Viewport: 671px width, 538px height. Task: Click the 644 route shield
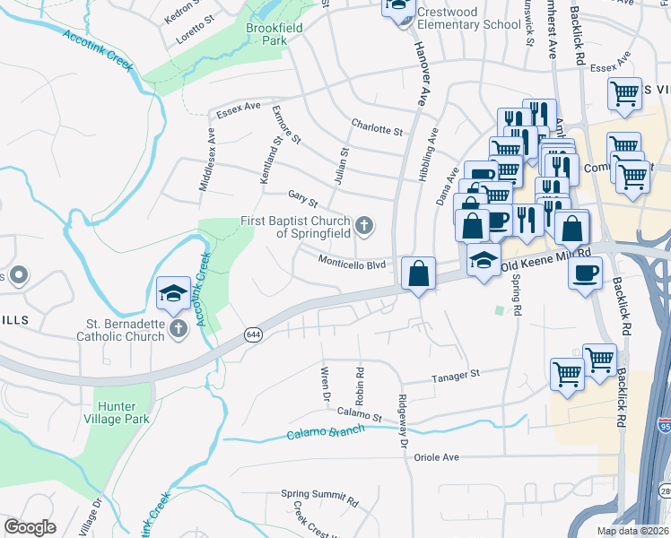point(253,334)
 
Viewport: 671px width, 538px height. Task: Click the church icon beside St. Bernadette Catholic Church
point(178,329)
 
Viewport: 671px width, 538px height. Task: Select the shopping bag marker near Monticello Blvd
point(418,273)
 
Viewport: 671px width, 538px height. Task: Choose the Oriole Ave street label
point(437,457)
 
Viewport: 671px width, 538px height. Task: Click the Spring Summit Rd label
point(319,494)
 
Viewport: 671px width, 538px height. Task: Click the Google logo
point(29,526)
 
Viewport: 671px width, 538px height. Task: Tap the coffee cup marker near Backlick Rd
point(585,273)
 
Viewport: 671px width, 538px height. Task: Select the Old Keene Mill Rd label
point(550,260)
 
